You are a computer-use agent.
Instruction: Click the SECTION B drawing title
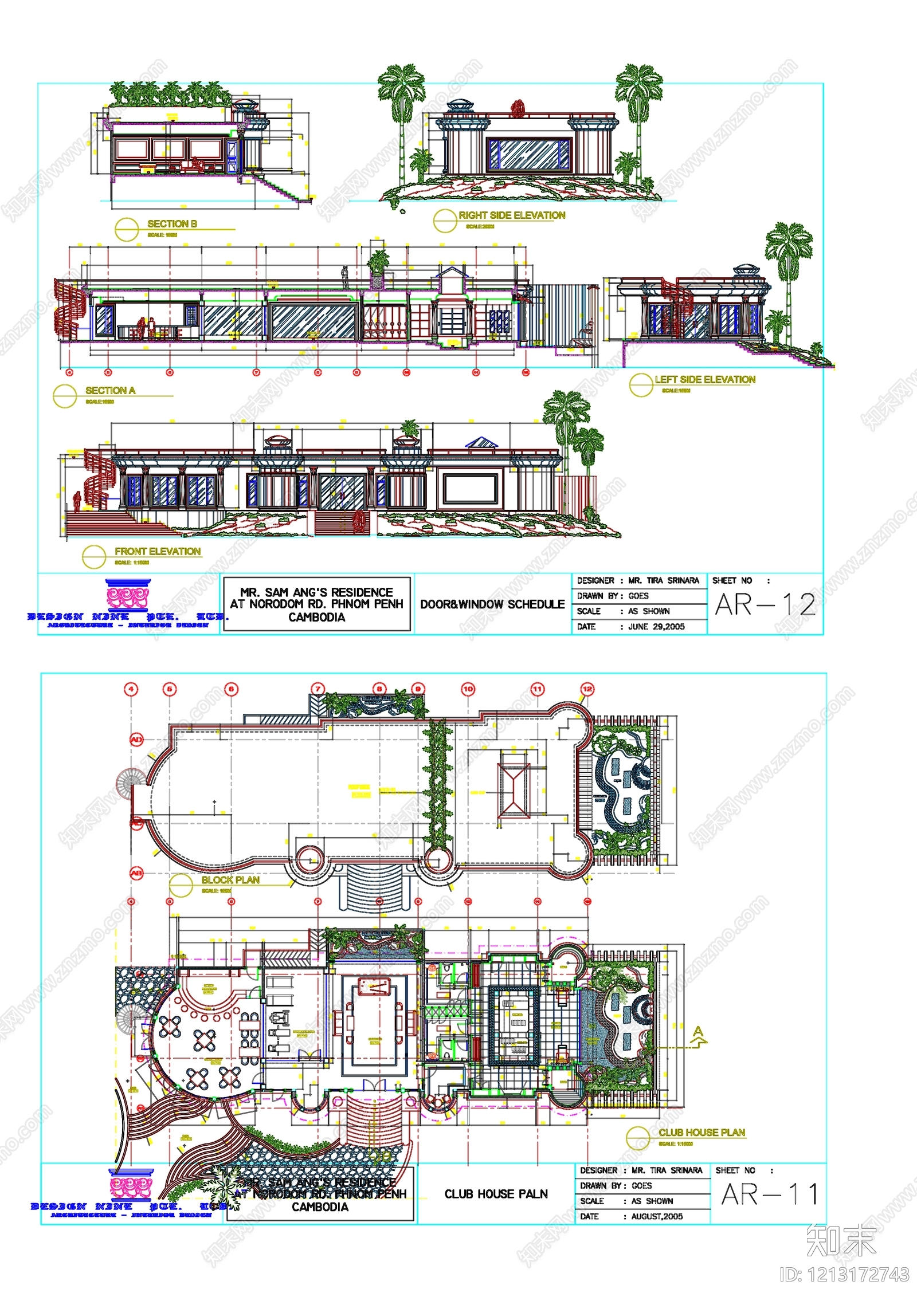coord(172,224)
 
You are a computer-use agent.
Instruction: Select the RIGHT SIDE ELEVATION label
coord(512,215)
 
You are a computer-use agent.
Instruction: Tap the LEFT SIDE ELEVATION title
coord(705,379)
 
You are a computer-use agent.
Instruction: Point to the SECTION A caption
coord(110,390)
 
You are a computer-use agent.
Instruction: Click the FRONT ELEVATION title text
coord(158,551)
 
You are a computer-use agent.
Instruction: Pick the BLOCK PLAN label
coord(230,880)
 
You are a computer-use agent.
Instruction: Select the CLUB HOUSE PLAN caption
coord(702,1133)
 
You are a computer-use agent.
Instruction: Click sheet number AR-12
coord(765,605)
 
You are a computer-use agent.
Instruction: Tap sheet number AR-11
coord(769,1194)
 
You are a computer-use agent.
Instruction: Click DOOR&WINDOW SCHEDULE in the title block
coord(492,604)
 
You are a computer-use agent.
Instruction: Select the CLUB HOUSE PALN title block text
coord(496,1194)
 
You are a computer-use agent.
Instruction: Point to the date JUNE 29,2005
coord(656,627)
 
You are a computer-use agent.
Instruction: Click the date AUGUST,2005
coord(657,1216)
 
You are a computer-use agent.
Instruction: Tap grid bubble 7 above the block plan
coord(318,689)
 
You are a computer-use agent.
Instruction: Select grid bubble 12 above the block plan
coord(587,689)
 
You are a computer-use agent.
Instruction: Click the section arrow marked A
coord(698,1036)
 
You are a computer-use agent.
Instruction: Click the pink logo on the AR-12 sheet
coord(127,596)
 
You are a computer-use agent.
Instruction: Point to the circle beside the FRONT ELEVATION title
coord(93,556)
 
